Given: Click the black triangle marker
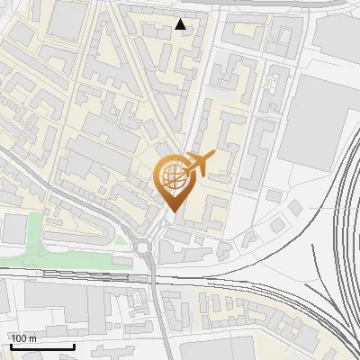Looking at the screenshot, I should point(181,24).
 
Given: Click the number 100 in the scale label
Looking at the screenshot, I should point(20,338).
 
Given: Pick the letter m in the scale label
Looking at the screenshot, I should point(33,338).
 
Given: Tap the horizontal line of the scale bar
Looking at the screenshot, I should point(41,346).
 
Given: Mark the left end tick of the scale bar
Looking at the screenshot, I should point(10,344).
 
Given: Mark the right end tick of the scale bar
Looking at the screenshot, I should point(73,344).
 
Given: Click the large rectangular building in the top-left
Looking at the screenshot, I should point(67,20).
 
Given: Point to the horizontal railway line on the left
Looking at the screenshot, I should point(63,269).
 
